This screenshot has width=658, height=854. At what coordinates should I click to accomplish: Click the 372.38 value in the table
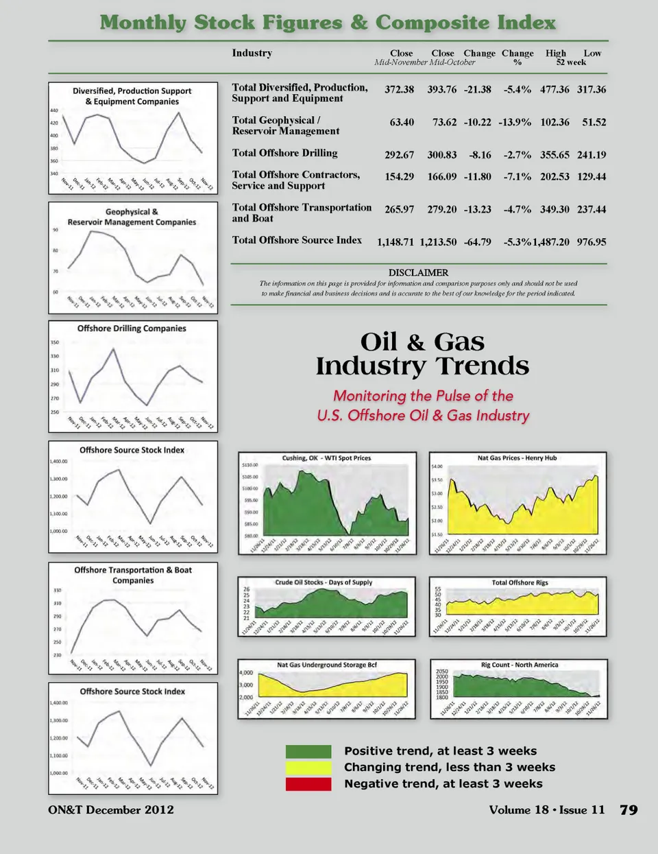(x=399, y=90)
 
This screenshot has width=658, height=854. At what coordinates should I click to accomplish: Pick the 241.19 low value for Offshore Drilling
(x=592, y=155)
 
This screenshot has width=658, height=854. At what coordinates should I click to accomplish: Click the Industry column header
(x=252, y=54)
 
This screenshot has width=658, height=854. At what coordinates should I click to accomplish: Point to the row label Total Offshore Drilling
(x=284, y=153)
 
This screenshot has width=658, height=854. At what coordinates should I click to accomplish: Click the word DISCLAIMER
(x=418, y=273)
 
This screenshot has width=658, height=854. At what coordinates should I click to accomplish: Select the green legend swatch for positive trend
(x=308, y=752)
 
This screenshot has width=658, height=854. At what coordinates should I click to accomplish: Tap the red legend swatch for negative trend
(x=308, y=784)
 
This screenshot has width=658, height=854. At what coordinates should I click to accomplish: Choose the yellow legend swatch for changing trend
(x=308, y=768)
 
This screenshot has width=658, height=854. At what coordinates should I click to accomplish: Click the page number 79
(x=629, y=810)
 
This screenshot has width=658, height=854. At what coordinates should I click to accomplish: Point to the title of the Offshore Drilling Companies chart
(x=132, y=329)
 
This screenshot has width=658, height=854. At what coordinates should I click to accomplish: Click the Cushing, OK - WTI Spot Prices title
(x=326, y=458)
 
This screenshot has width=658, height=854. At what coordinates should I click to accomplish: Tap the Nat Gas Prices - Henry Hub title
(x=517, y=458)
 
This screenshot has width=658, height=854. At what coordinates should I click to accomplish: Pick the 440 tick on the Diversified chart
(x=54, y=110)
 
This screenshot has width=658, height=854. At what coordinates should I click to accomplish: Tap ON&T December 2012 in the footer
(x=111, y=810)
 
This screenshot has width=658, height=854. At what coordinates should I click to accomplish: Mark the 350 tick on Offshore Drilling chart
(x=55, y=342)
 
